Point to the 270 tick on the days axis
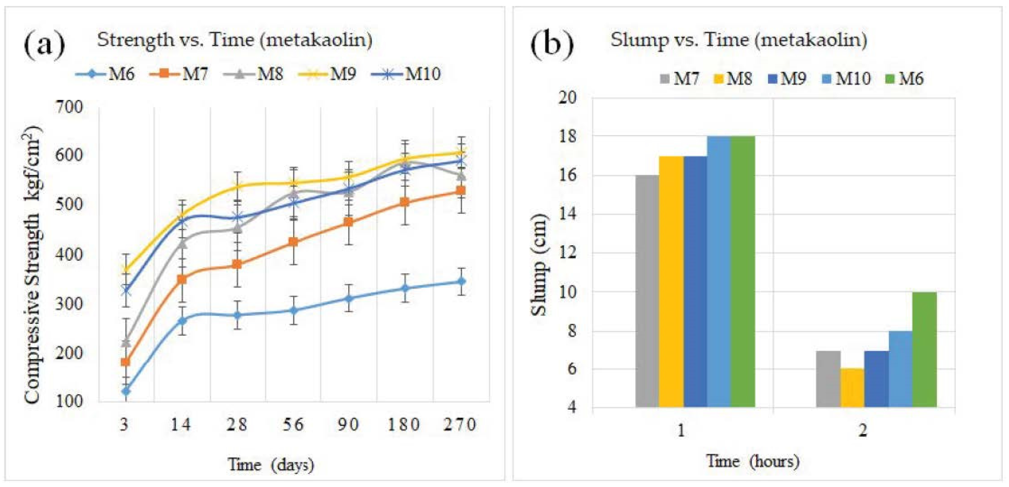click(x=460, y=424)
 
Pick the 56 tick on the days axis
click(x=293, y=424)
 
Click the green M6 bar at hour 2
click(x=924, y=350)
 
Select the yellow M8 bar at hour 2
click(x=852, y=388)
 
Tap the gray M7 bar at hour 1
click(x=647, y=291)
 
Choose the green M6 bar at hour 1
click(x=743, y=272)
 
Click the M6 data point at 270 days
click(x=461, y=281)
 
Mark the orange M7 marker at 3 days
click(x=126, y=362)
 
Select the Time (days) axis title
click(x=271, y=465)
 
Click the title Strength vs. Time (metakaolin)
click(x=235, y=40)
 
